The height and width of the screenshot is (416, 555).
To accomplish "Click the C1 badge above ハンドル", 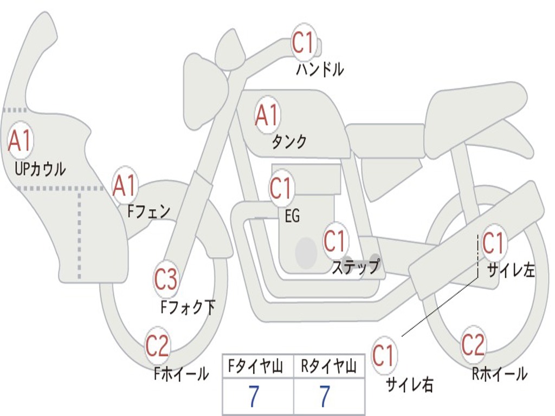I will click(x=304, y=42).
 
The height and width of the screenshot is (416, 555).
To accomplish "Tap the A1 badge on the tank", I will click(x=267, y=115).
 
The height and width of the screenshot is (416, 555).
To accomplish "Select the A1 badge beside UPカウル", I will click(x=21, y=141).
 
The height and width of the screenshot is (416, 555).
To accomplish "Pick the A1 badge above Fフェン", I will click(x=125, y=186).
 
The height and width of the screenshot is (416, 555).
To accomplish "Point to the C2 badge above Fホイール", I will click(x=157, y=346).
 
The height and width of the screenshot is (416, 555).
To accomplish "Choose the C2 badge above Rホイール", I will click(x=473, y=344).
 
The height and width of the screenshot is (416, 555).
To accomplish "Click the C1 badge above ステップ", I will click(x=334, y=241).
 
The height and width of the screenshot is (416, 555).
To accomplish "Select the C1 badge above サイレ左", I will click(x=493, y=243).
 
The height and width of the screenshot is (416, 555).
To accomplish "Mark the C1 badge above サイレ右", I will click(x=383, y=356).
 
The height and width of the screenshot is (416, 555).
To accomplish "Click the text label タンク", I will click(x=289, y=142).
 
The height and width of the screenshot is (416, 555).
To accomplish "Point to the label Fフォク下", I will click(x=188, y=308).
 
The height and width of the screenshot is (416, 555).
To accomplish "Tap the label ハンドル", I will click(x=320, y=69).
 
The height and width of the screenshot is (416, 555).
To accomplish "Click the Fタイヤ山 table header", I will click(x=257, y=367).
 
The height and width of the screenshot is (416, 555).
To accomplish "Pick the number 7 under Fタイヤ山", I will click(x=254, y=397).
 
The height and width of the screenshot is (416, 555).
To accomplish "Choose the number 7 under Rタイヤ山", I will click(x=325, y=397).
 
